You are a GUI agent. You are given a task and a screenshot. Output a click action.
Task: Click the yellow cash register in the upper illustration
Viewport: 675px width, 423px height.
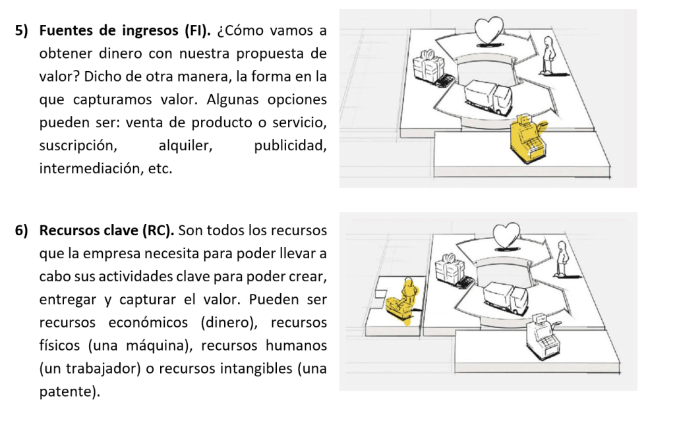pos(529,138)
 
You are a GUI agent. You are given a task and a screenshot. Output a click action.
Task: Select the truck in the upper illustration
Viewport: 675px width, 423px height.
pos(488,98)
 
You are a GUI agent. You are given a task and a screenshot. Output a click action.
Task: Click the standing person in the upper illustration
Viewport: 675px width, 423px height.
pos(548,55)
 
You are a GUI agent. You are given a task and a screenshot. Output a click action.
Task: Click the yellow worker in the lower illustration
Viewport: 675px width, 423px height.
pos(403,301)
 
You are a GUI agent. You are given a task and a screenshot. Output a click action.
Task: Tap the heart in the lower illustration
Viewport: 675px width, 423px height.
pos(506,236)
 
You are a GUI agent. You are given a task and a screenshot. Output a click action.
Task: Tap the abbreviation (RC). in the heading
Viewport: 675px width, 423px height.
pos(158,231)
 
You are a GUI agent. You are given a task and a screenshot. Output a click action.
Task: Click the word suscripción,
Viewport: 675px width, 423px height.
pos(78,146)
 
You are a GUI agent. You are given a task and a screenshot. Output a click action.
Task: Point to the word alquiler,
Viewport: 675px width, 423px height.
pos(185,146)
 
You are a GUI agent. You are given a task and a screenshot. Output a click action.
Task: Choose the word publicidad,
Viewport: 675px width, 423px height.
pos(290,146)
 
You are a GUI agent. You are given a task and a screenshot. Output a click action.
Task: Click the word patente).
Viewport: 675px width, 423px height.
pos(70,391)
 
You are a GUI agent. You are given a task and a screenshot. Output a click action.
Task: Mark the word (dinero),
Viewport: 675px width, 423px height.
pos(229,323)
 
